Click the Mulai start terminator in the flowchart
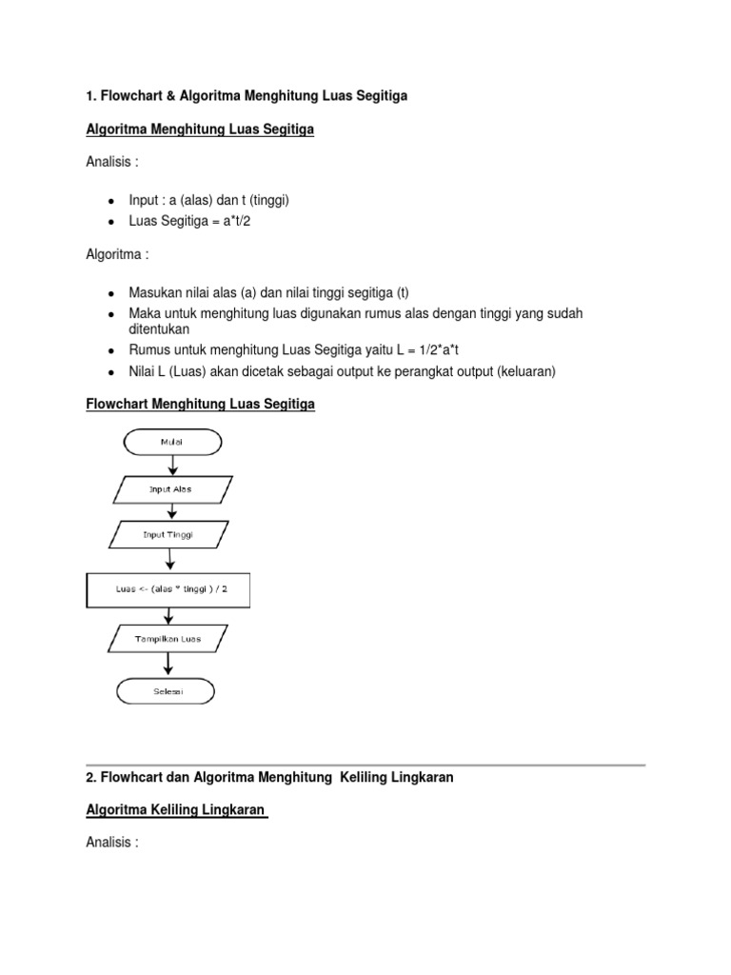click(171, 442)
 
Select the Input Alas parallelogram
click(170, 489)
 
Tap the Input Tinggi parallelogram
click(168, 535)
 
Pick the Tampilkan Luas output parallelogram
click(168, 639)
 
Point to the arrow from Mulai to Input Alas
click(171, 466)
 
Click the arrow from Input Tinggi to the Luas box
click(170, 561)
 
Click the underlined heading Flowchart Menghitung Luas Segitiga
click(200, 405)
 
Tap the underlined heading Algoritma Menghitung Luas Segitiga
click(200, 129)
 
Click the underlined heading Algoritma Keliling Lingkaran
click(176, 809)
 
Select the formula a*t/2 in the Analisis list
click(236, 220)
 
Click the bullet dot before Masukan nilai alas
click(111, 293)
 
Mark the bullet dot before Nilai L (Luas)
click(111, 371)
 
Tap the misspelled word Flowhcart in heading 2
click(132, 777)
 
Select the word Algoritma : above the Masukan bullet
click(117, 255)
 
